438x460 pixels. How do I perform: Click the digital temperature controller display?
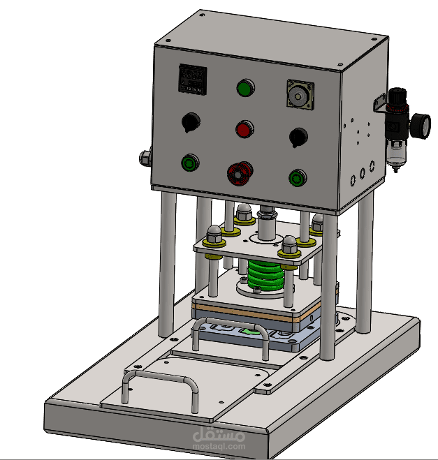(193, 79)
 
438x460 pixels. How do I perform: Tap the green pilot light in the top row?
(245, 87)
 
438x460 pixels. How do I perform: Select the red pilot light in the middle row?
(244, 129)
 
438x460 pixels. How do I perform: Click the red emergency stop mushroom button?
(240, 173)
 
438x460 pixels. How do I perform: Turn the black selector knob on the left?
(191, 122)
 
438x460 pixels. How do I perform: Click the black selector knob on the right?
(298, 138)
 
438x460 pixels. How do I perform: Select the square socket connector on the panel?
(300, 94)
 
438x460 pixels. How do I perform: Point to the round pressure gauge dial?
(421, 126)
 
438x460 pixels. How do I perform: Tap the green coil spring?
(266, 275)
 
